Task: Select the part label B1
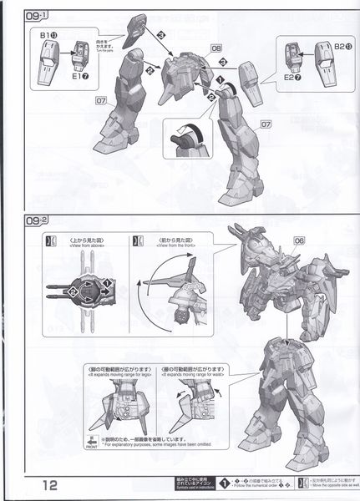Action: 48,36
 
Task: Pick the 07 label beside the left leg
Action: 100,103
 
